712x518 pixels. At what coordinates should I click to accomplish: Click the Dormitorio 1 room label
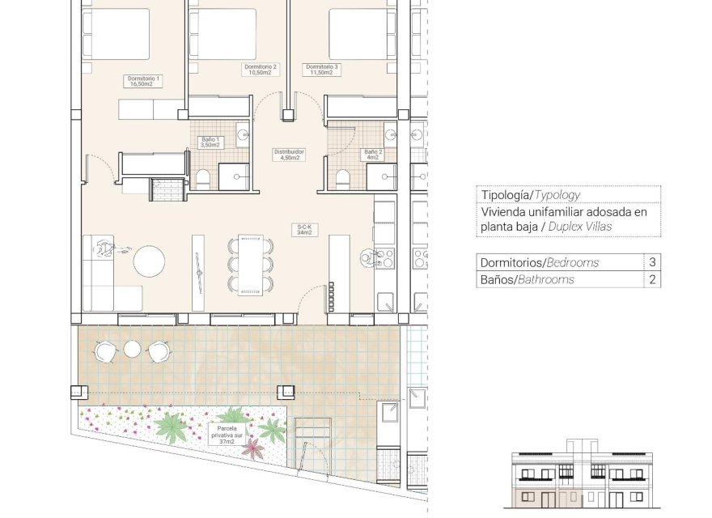143,81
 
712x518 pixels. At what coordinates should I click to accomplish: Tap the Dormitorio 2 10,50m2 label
261,70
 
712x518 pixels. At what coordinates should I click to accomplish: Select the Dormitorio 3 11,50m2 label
321,70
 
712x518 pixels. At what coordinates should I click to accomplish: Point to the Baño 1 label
210,142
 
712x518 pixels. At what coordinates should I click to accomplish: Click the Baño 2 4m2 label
372,155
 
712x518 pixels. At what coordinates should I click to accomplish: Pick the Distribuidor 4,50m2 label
289,155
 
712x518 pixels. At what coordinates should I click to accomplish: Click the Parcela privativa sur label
227,435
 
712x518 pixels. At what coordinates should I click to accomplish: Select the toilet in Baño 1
202,179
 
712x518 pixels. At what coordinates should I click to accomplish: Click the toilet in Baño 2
342,179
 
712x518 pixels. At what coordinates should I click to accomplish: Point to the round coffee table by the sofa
149,261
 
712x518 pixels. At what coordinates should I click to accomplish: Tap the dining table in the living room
251,265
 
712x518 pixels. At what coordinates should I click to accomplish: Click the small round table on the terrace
132,349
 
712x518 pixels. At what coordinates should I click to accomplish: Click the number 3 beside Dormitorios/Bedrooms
652,261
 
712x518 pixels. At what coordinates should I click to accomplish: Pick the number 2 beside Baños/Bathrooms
652,279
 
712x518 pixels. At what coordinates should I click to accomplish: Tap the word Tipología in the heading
506,195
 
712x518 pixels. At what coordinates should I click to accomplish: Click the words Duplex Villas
580,227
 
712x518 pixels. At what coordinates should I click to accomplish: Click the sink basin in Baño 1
243,134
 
